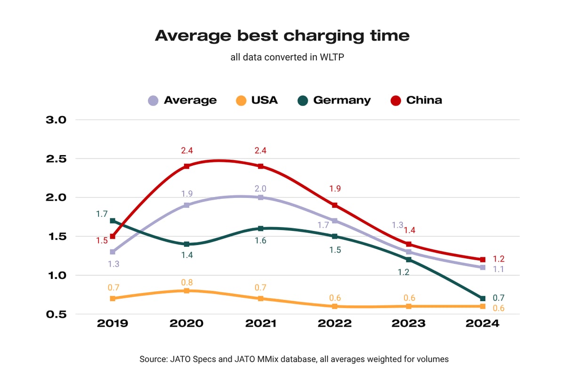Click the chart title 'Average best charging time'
(282, 35)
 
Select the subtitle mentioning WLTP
(282, 57)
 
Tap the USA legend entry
(257, 100)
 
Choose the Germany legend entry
(335, 100)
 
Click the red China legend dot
(396, 100)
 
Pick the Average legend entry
(182, 100)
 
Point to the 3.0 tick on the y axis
(56, 120)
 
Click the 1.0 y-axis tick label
(56, 275)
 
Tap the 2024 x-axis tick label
(483, 324)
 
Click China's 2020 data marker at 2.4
(186, 166)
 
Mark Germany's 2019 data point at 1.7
(113, 221)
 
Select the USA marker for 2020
(186, 291)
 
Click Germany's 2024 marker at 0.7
(483, 298)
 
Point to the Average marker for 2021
(260, 197)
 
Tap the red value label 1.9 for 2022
(335, 188)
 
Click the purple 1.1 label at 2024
(499, 269)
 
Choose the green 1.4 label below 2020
(186, 255)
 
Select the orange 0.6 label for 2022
(335, 298)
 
